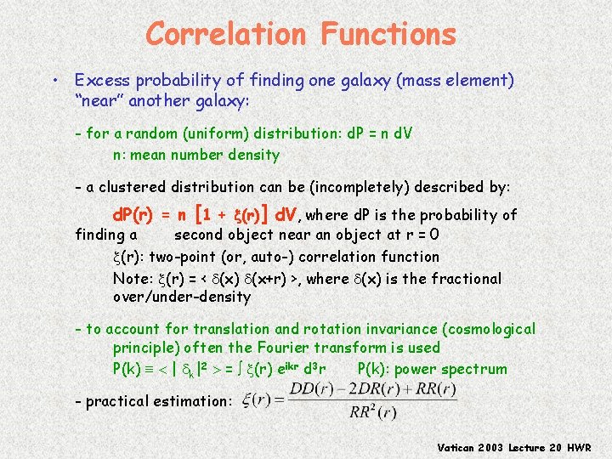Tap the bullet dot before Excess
click(x=54, y=81)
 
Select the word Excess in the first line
click(x=99, y=80)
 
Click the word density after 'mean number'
click(x=253, y=155)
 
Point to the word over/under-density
click(x=182, y=297)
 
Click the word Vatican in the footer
click(x=460, y=447)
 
